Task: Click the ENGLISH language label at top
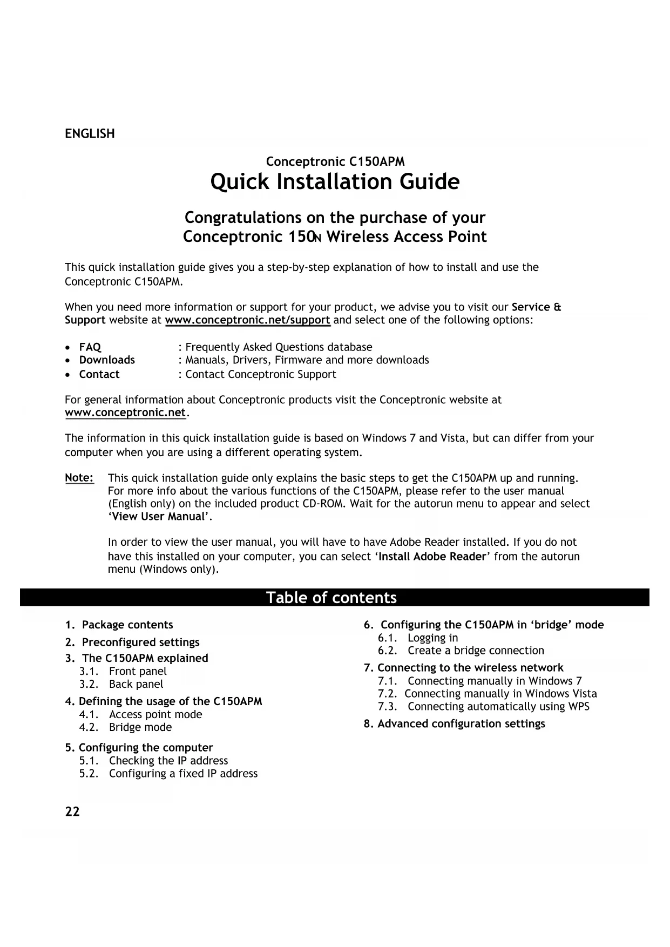[90, 134]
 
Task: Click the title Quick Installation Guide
[335, 182]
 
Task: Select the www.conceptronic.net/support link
[247, 320]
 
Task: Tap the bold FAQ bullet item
[90, 347]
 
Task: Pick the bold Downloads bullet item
[107, 360]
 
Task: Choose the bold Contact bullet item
[99, 375]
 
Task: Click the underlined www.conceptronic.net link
[125, 413]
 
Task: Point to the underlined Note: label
[79, 478]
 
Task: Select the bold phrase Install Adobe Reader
[432, 557]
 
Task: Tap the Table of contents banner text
[331, 598]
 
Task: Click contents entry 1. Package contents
[119, 625]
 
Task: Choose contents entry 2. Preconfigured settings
[132, 642]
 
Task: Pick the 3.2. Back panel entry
[121, 684]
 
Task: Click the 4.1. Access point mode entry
[141, 714]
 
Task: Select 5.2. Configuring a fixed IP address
[168, 774]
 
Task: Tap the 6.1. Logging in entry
[418, 638]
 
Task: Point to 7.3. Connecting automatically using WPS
[484, 707]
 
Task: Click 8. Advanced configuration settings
[455, 724]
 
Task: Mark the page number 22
[72, 812]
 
